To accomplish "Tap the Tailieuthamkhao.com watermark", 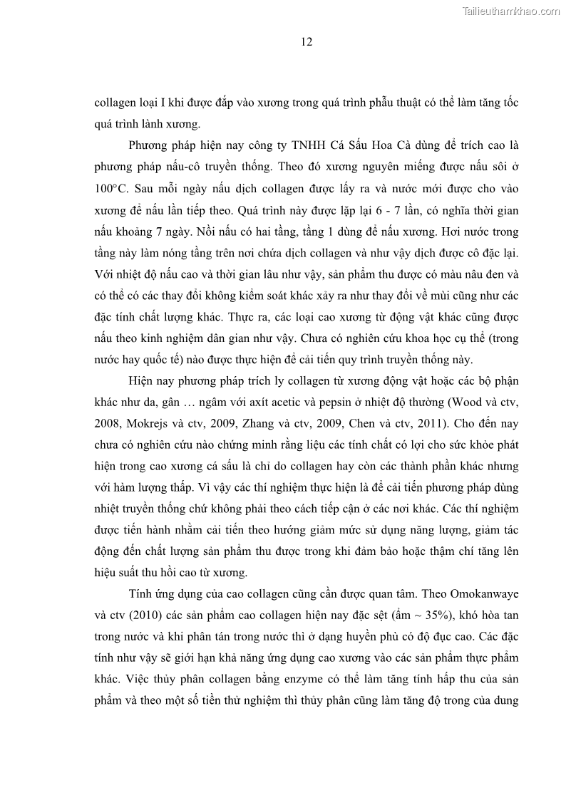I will click(512, 11).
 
